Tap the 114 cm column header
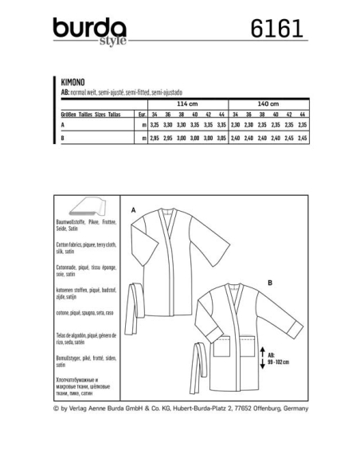(x=187, y=104)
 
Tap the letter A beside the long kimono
(x=133, y=209)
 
